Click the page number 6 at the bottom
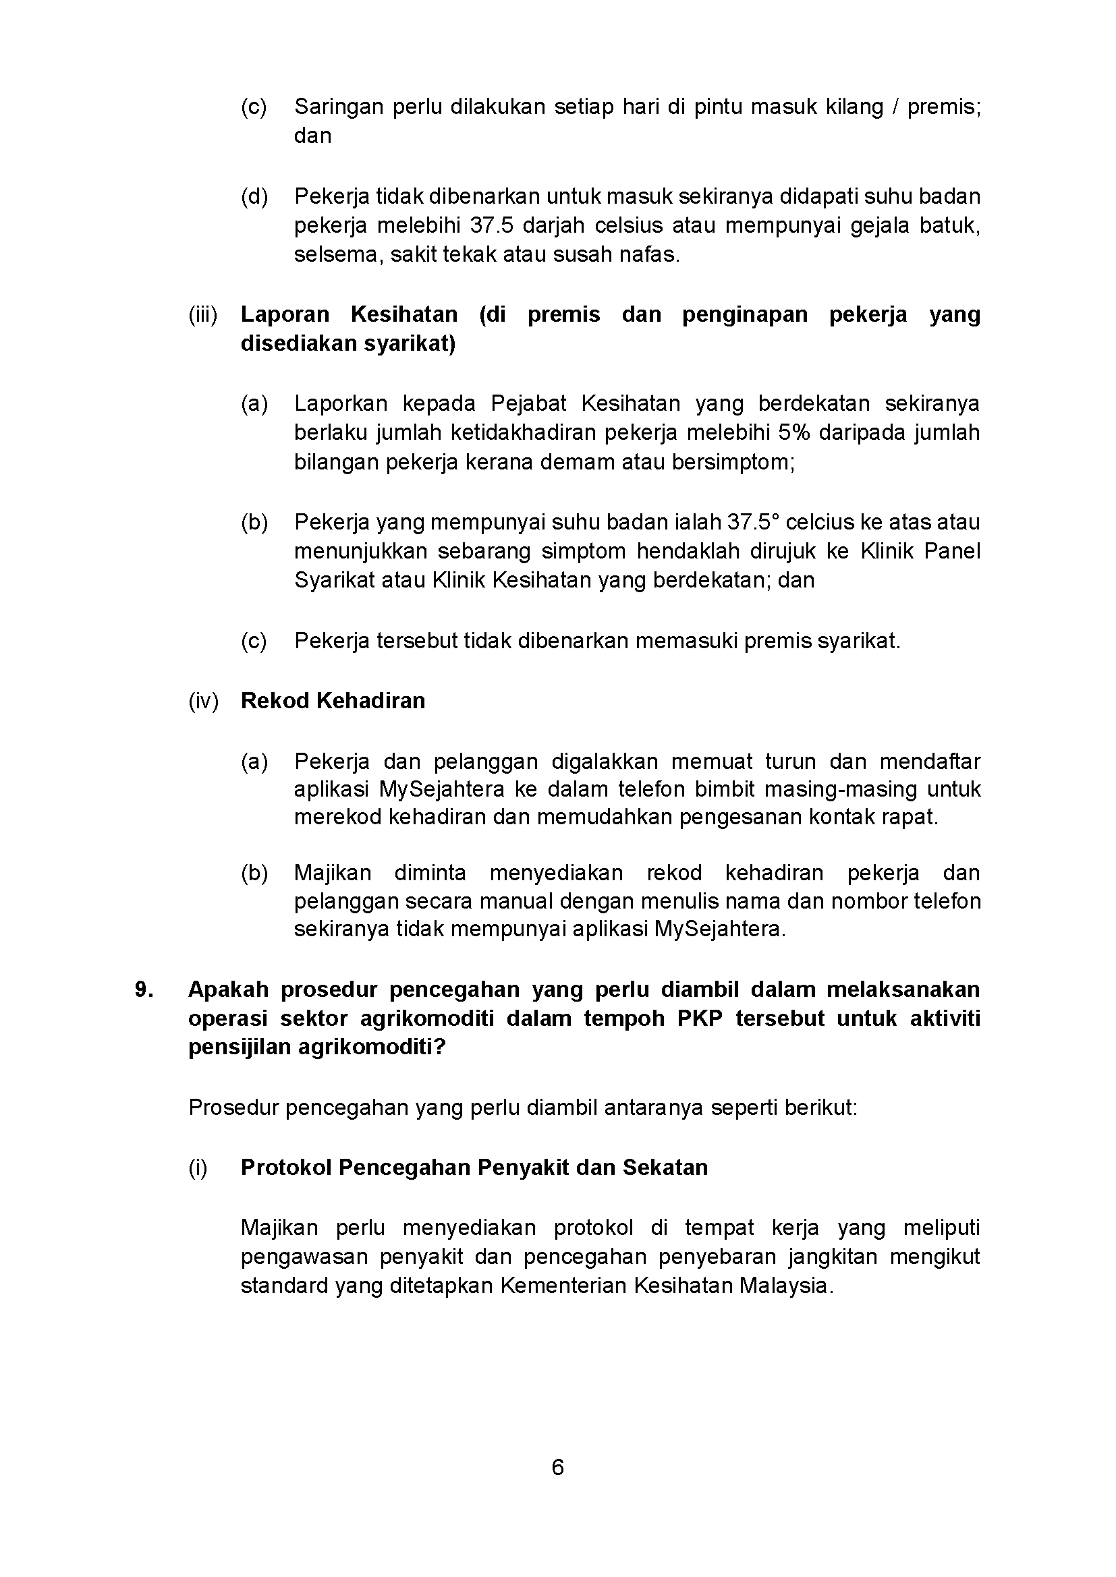557,1467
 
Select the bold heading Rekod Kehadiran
333,701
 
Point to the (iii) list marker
202,314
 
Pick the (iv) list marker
203,701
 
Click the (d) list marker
254,196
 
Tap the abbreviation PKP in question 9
700,1019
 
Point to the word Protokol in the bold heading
285,1168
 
